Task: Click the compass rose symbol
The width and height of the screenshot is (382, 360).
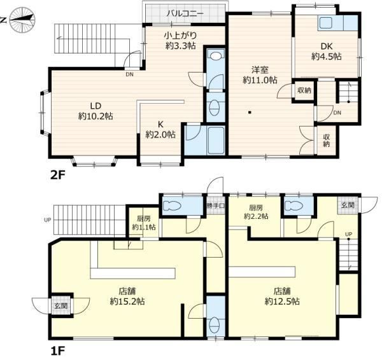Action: tap(22, 20)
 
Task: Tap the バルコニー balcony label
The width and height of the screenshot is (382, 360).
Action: tap(185, 13)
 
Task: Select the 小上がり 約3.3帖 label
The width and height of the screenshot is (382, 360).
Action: tap(181, 41)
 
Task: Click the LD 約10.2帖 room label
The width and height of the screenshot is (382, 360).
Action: tap(95, 111)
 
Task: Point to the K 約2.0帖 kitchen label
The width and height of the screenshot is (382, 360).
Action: tap(160, 130)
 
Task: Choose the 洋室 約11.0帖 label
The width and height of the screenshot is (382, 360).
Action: tap(260, 75)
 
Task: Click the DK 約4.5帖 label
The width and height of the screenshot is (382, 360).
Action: tap(327, 52)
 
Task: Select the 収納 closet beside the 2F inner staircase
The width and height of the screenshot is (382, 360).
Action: tap(304, 90)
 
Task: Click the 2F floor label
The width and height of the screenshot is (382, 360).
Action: tap(58, 175)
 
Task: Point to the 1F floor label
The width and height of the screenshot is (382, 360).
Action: tap(57, 351)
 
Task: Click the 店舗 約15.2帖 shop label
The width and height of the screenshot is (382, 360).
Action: tap(127, 296)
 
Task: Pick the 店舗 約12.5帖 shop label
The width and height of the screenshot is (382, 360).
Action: tap(282, 296)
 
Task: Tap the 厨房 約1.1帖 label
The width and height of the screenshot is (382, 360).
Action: tap(144, 223)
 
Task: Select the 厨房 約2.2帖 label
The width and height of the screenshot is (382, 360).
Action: tap(256, 212)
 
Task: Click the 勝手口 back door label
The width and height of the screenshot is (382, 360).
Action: tap(216, 205)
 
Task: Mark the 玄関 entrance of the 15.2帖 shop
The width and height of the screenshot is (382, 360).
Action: tap(61, 306)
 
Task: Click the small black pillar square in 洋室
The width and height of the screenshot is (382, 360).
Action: tap(250, 112)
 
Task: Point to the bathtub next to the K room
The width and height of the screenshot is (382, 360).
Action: tap(216, 140)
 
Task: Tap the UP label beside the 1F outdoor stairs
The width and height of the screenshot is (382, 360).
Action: tap(48, 220)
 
